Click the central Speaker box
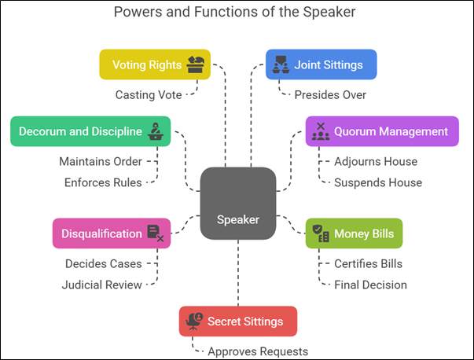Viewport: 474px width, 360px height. (238, 204)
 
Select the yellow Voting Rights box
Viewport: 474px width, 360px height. (155, 64)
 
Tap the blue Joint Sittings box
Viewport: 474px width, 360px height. (321, 64)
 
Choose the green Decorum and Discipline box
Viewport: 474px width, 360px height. (90, 131)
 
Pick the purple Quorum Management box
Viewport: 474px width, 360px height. (382, 131)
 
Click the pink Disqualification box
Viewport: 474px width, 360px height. (112, 233)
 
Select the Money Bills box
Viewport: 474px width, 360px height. (354, 233)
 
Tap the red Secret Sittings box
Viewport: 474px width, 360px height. (238, 321)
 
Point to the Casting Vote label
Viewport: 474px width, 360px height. (149, 95)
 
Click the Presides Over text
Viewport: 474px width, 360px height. (330, 95)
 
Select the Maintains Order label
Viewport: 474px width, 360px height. (101, 161)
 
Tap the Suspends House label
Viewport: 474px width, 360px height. (378, 182)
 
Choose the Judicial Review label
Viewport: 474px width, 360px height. (101, 285)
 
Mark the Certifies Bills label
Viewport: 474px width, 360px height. (368, 263)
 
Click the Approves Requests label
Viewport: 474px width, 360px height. (258, 351)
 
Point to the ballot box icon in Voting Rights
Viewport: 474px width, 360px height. (195, 64)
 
